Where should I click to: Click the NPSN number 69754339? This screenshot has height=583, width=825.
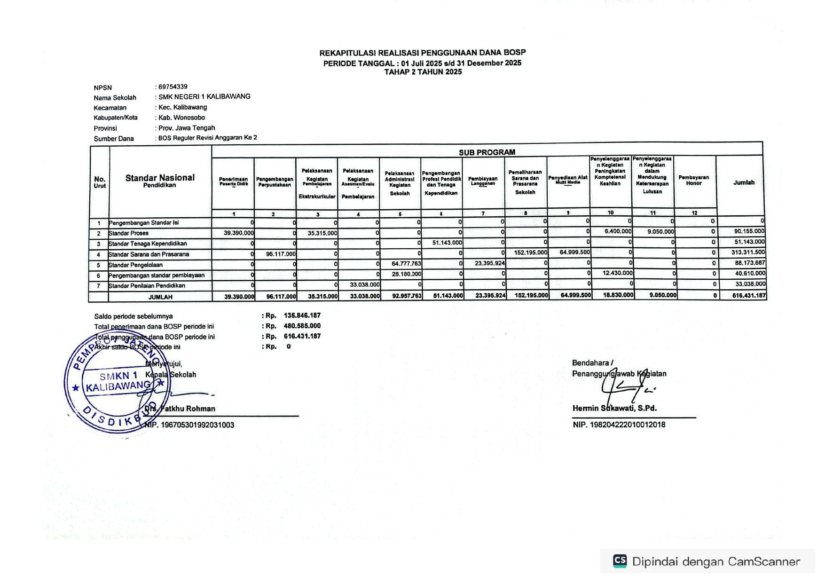[173, 87]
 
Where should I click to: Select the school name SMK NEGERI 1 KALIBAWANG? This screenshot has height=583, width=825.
[204, 97]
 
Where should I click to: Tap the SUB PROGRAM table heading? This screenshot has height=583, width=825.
[487, 152]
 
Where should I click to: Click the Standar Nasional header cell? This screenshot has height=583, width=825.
[160, 181]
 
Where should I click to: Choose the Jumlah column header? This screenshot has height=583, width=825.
[744, 182]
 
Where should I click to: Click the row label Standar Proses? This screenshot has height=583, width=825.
[129, 234]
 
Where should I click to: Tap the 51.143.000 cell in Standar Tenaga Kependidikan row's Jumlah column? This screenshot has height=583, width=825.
[749, 242]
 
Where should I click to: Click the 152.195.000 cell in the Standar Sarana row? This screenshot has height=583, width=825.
[530, 253]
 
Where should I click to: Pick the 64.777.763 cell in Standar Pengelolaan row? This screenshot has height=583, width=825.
[406, 264]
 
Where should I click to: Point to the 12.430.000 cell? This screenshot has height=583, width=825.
[617, 273]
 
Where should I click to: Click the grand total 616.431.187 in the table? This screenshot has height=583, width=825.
[749, 296]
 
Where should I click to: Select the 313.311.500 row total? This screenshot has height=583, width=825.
[748, 252]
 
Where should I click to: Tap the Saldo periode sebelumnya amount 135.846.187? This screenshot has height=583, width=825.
[302, 315]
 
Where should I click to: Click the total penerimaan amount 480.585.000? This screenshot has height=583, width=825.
[302, 326]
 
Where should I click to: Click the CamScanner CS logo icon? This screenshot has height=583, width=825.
[620, 561]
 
